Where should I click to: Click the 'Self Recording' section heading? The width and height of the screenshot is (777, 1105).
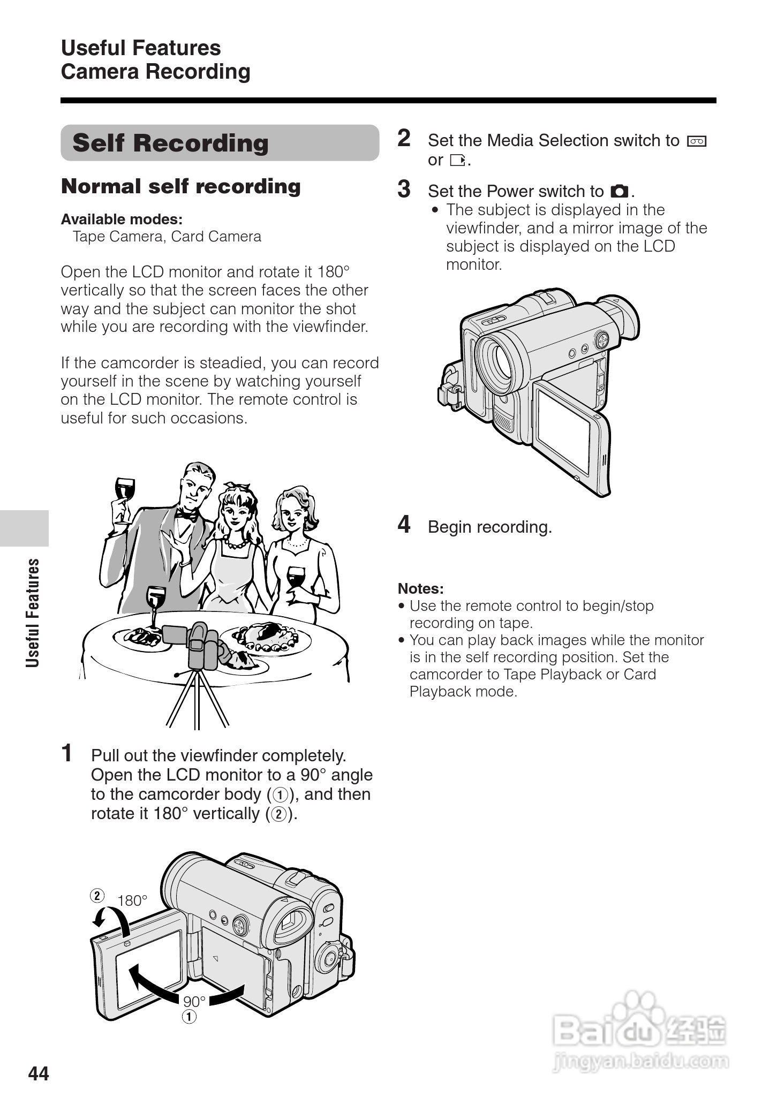[170, 143]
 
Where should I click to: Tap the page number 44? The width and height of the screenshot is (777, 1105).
[39, 1073]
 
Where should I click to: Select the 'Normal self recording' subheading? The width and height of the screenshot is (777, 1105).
[181, 186]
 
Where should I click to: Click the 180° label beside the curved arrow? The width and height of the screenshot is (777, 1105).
[132, 900]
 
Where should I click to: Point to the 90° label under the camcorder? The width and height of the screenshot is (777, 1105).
[194, 1002]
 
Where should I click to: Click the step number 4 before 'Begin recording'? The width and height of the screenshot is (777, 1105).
[404, 524]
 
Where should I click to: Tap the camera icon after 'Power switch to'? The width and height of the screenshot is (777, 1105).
[620, 191]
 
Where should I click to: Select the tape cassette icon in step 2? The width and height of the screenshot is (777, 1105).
[697, 141]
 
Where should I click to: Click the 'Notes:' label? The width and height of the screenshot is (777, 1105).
[420, 589]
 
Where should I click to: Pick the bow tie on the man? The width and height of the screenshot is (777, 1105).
[186, 516]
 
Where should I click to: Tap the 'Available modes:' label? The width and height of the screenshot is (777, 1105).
[122, 220]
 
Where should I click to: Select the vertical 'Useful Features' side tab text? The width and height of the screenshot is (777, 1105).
[33, 613]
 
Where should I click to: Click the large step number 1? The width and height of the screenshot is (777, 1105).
[67, 753]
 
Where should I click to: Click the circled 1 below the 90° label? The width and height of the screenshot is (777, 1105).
[189, 1016]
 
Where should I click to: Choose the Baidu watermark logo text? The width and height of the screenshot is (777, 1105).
[640, 1028]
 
